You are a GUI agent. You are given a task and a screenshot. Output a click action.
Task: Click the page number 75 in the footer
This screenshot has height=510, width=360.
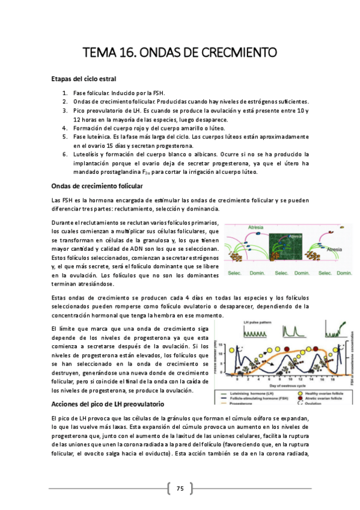[180, 487]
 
